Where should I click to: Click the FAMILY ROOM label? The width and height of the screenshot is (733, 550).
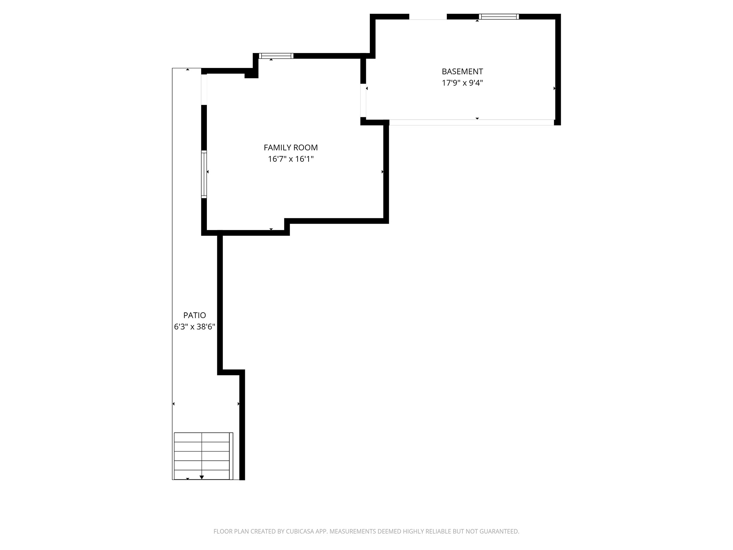(291, 147)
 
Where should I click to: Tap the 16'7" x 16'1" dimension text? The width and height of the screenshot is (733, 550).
(291, 159)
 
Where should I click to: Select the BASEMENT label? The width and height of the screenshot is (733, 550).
(462, 71)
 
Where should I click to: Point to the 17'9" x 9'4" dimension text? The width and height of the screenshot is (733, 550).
(462, 83)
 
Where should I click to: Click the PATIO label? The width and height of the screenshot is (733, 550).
(195, 315)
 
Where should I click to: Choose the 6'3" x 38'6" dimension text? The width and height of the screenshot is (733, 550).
(195, 327)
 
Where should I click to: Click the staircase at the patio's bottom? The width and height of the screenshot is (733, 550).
(202, 456)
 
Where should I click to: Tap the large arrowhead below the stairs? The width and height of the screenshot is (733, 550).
(202, 477)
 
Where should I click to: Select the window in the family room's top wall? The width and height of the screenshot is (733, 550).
(276, 56)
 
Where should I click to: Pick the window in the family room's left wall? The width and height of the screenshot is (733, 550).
(204, 174)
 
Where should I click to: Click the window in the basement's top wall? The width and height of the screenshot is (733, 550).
(499, 17)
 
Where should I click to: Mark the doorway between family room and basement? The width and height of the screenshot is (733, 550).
(363, 100)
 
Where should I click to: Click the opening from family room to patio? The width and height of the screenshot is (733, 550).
(204, 89)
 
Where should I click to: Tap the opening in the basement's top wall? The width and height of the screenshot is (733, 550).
(428, 17)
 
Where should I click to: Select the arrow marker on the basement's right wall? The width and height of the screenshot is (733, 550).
(554, 88)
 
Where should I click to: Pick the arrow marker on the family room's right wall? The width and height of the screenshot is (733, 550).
(382, 172)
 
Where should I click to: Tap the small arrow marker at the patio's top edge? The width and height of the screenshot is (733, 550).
(188, 69)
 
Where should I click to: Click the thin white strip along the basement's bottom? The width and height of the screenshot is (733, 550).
(471, 122)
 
